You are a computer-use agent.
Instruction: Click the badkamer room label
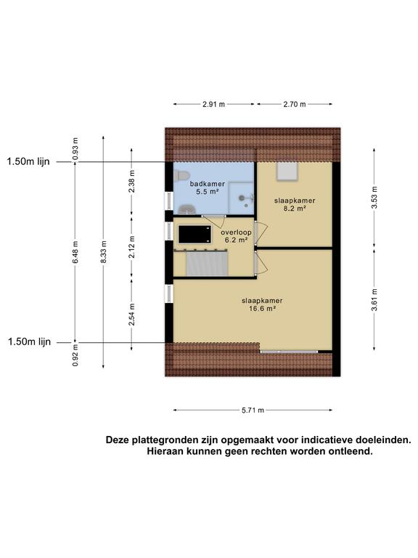click(x=208, y=185)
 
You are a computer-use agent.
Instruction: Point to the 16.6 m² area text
click(x=262, y=308)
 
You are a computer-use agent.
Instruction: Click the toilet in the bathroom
click(x=181, y=174)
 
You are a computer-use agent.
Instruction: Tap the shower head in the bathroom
click(x=242, y=196)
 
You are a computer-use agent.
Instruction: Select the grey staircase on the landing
click(x=208, y=264)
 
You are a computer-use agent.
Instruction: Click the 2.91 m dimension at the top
click(x=213, y=105)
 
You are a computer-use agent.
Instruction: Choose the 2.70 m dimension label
click(x=294, y=105)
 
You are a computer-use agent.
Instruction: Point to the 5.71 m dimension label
click(x=253, y=411)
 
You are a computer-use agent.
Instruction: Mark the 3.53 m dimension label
click(x=374, y=196)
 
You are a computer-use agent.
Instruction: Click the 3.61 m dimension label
click(x=374, y=299)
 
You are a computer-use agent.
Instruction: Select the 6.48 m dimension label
click(x=75, y=251)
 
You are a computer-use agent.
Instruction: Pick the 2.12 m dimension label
click(x=131, y=247)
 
